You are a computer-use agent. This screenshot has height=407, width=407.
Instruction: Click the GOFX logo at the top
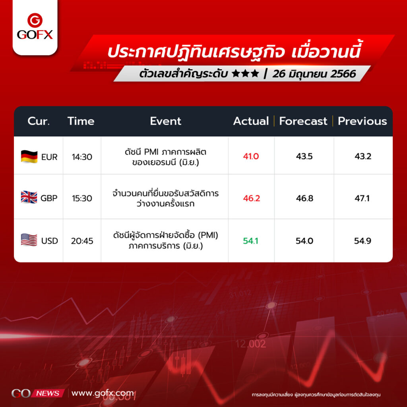coord(35,27)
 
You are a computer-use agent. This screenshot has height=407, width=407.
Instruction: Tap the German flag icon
coord(29,157)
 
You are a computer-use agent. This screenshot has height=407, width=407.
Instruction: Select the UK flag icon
coord(29,197)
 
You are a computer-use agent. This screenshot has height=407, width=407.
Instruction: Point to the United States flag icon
coord(29,240)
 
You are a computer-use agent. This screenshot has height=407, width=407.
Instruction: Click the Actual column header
coord(251,121)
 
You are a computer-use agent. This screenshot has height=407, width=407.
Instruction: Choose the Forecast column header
coord(303,121)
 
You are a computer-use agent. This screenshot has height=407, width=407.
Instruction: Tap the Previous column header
coord(362,121)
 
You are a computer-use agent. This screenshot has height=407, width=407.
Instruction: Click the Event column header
coord(166,121)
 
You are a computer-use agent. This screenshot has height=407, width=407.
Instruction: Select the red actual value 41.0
coord(251,156)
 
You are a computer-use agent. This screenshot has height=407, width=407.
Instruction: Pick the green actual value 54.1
coord(250,241)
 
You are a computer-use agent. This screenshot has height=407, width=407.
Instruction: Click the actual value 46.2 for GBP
coord(251,198)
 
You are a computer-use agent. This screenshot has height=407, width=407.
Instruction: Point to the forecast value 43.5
coord(304,156)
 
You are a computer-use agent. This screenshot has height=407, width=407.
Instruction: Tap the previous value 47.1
coord(362,198)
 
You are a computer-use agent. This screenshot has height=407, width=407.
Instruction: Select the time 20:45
coord(82,241)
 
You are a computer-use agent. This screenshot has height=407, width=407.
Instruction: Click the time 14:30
coord(82,157)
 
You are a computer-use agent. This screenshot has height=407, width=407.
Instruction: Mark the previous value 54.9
coord(362,241)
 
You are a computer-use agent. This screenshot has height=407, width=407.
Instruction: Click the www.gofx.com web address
coord(103,393)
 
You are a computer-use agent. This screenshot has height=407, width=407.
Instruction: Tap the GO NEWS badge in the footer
coord(38,393)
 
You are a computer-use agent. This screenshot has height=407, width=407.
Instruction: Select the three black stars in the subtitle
coord(245,74)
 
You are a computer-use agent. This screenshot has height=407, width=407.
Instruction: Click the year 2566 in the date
coord(343,74)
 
